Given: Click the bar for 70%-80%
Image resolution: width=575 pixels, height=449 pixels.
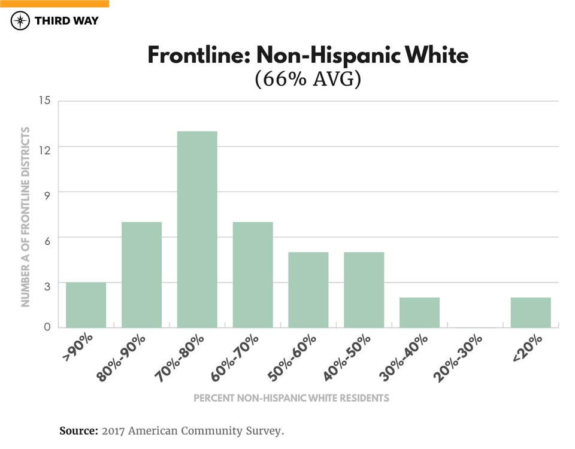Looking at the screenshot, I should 197,229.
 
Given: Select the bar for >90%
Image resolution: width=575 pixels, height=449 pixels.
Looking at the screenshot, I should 86,305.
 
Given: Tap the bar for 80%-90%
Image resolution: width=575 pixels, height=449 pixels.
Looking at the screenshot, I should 141,275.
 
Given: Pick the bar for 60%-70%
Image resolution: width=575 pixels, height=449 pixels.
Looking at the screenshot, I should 253,275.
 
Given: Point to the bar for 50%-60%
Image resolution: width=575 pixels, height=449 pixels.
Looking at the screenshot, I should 308,290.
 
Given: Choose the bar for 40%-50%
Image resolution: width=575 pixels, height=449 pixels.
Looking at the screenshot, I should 364,290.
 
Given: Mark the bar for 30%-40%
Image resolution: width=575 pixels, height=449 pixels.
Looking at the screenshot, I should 419,313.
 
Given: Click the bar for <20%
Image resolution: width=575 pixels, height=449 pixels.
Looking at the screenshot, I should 531,313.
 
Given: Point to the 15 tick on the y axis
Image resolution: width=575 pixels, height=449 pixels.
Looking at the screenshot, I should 45,101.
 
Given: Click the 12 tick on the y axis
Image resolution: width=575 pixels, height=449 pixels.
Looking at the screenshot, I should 45,147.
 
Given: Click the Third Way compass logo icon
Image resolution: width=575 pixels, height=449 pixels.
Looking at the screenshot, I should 20,21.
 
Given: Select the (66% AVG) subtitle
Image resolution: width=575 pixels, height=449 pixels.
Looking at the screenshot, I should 308,80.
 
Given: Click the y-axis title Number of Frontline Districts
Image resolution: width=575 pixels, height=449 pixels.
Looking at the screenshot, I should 26,216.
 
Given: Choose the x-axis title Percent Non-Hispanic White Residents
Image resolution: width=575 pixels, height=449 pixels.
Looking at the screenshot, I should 291,398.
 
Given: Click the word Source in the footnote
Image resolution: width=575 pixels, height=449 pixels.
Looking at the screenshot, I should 78,430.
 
